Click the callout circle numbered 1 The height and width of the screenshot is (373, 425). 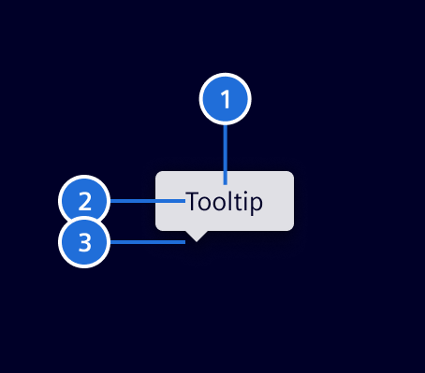click(x=226, y=97)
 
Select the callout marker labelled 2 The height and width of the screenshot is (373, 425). click(x=85, y=201)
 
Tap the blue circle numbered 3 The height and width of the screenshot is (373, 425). click(x=85, y=243)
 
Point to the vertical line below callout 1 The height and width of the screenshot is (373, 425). click(x=226, y=150)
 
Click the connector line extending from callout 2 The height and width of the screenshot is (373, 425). click(x=145, y=201)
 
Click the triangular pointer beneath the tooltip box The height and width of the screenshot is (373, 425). click(x=197, y=236)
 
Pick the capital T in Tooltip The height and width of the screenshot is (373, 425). click(x=192, y=201)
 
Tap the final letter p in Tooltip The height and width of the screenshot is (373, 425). click(x=256, y=203)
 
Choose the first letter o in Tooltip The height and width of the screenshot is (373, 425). click(x=204, y=202)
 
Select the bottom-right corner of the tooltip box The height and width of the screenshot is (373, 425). click(x=291, y=227)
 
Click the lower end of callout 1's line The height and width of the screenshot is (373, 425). click(x=226, y=182)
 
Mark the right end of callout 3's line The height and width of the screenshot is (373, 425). click(x=184, y=243)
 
